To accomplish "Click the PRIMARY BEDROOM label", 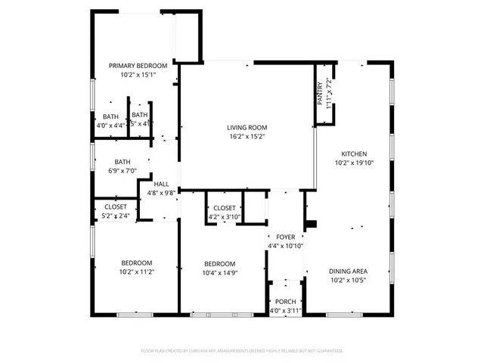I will (x=137, y=66).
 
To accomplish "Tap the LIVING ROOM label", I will (x=247, y=128).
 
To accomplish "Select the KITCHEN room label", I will (x=354, y=152).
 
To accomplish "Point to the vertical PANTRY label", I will (x=320, y=93).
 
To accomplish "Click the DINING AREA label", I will (x=348, y=271).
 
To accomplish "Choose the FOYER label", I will (x=285, y=237).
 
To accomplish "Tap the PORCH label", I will (x=285, y=302).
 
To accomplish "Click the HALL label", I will (x=161, y=184).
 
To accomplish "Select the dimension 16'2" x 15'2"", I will (x=247, y=137).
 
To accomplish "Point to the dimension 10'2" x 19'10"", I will (x=354, y=161).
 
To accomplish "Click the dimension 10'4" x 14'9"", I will (x=222, y=273).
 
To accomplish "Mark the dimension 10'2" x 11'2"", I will (x=137, y=272).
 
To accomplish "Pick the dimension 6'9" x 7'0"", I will (x=123, y=171).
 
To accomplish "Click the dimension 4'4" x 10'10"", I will (x=285, y=246).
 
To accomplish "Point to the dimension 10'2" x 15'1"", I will (x=137, y=75).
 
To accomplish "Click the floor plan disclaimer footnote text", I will (x=242, y=351).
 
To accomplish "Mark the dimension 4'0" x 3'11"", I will (x=285, y=311).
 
